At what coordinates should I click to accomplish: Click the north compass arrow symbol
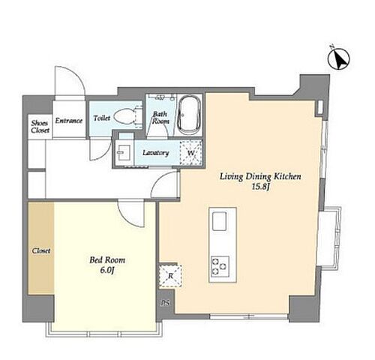pos(339,59)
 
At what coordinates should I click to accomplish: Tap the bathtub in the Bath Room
pos(189,115)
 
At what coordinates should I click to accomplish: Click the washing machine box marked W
pos(190,153)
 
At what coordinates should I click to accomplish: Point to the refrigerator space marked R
pos(170,275)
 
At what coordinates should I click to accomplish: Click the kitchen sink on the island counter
pos(220,221)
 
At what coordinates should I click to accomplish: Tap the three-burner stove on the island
pos(220,266)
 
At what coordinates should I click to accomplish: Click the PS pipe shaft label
pos(165,303)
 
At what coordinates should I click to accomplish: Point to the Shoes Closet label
pos(40,127)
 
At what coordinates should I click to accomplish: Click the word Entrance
pos(69,121)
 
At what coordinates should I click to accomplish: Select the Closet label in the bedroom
pos(41,250)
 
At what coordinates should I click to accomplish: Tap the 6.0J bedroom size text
pos(107,270)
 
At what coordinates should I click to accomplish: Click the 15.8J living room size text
pos(260,187)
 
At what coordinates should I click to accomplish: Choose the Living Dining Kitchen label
pos(260,176)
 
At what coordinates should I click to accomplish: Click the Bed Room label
pos(107,260)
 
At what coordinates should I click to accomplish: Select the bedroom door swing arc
pos(127,218)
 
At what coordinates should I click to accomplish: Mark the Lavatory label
pos(156,152)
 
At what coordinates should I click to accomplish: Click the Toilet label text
pos(102,118)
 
